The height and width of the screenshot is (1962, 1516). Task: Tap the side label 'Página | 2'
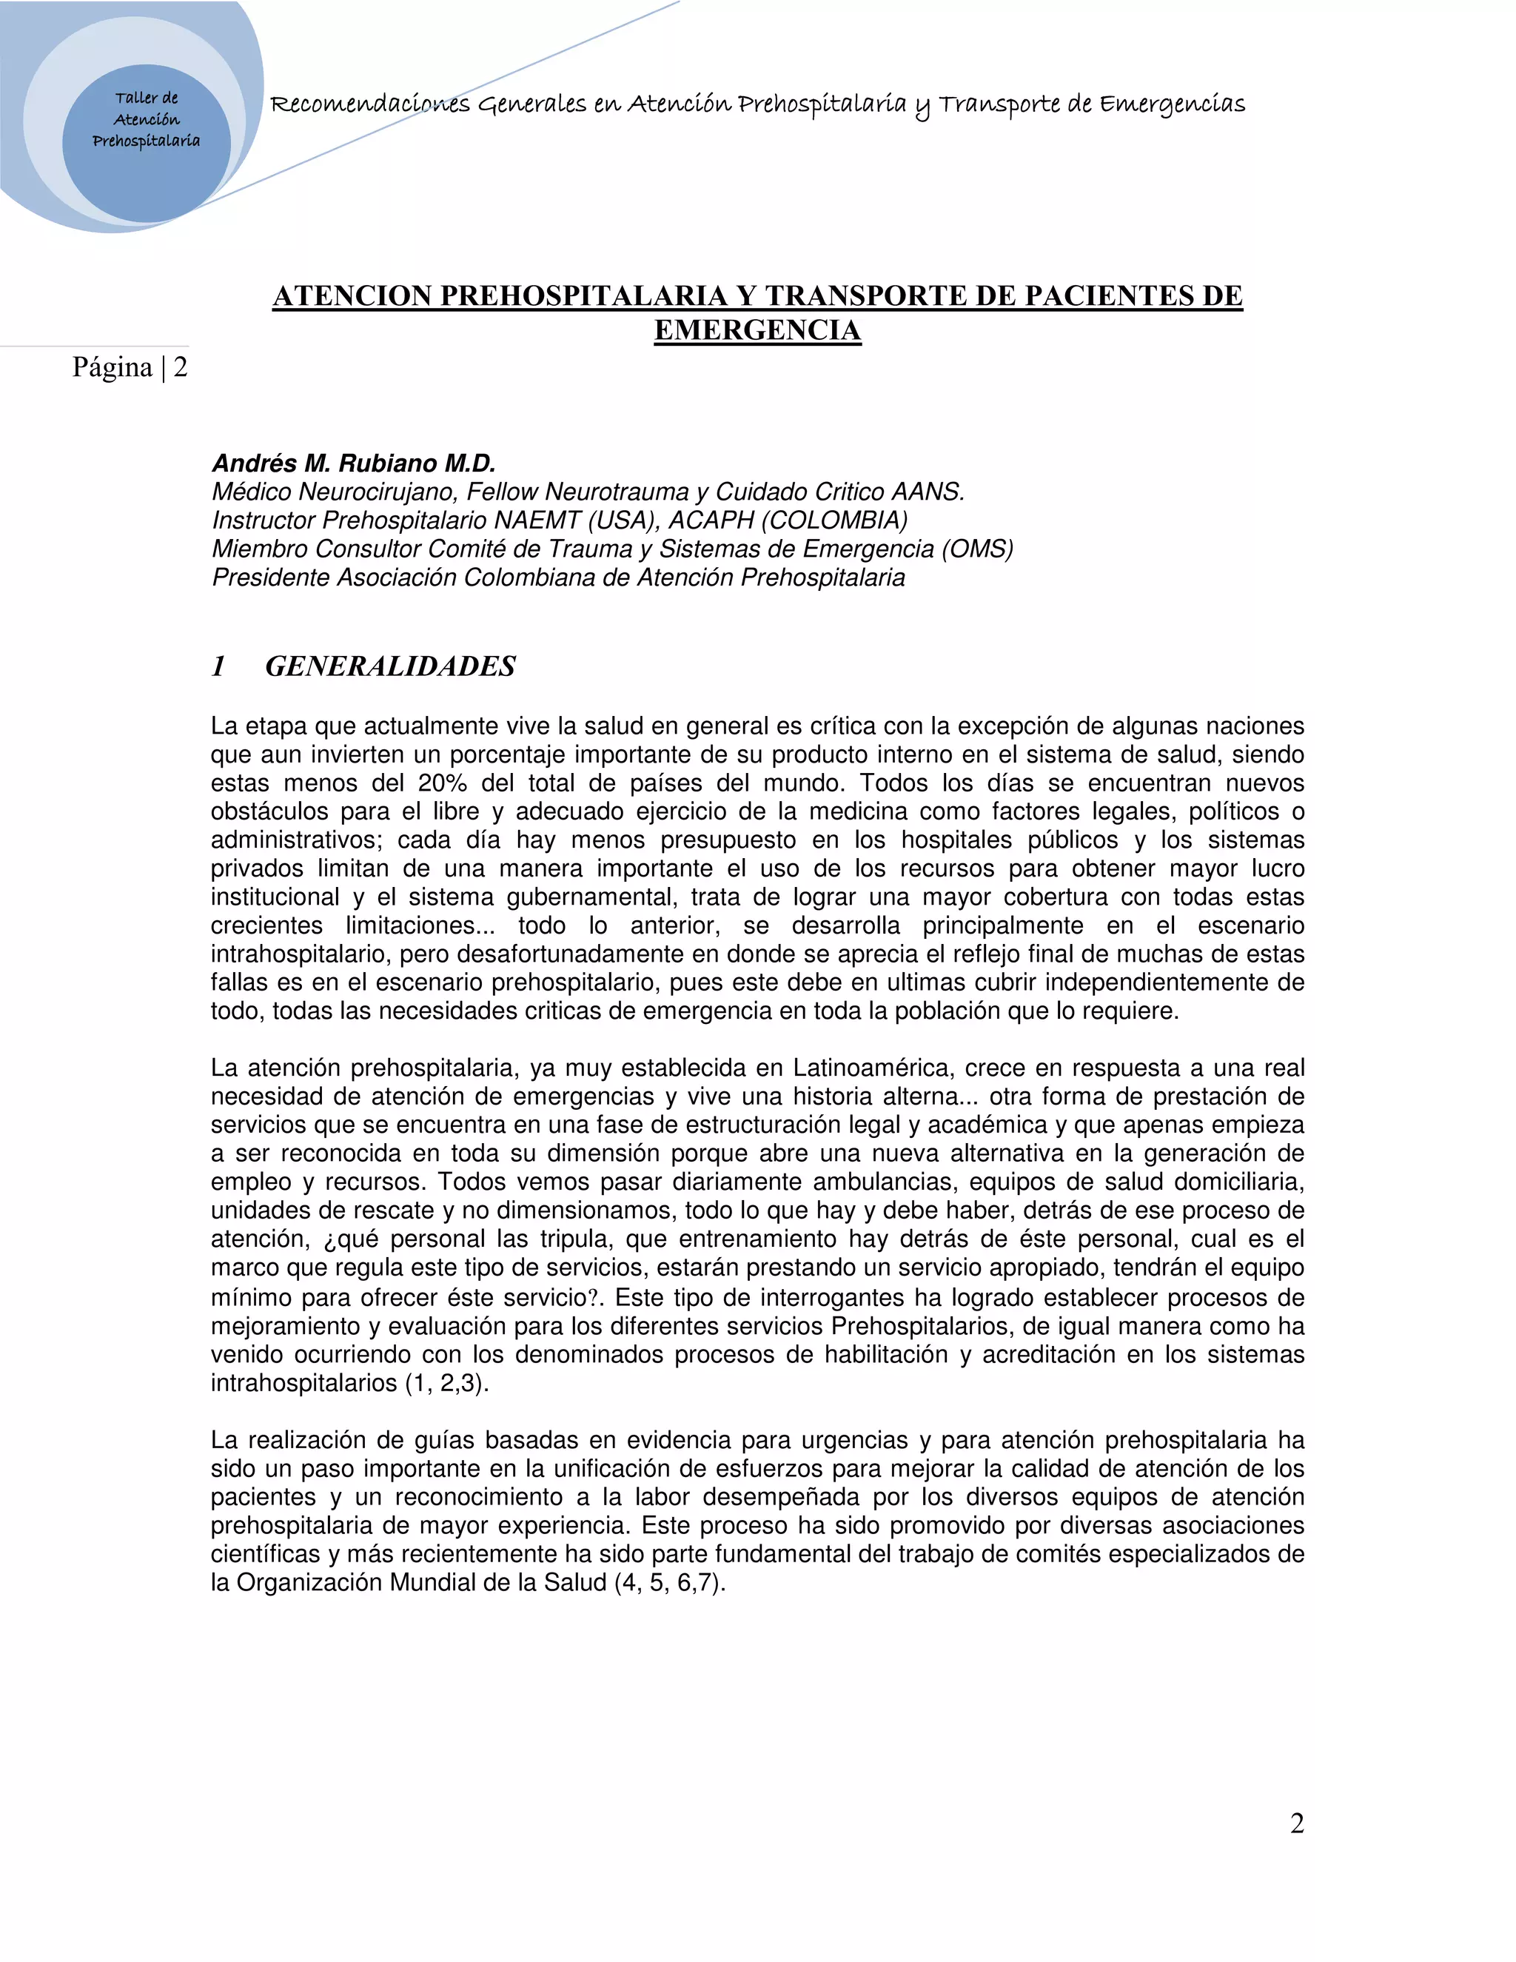pos(130,367)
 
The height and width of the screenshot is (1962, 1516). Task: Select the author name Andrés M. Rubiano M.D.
pos(354,463)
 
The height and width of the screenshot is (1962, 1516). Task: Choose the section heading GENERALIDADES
pos(391,666)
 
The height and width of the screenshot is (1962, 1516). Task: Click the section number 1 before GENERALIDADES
pos(218,666)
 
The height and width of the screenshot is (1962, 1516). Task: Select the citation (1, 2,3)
pos(447,1382)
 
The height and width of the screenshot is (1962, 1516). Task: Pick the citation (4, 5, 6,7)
pos(670,1582)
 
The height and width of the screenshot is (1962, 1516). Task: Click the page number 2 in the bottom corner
pos(1297,1823)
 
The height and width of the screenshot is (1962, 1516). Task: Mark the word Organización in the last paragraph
pos(309,1582)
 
